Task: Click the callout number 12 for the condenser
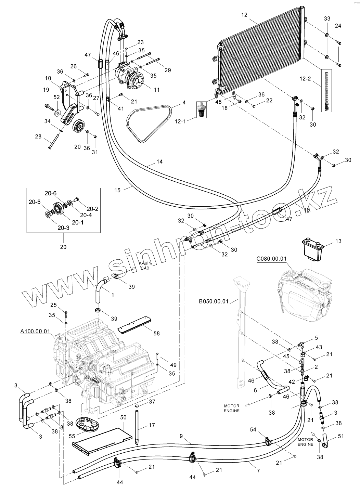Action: point(244,15)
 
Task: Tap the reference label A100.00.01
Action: point(36,332)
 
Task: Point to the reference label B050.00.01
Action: point(213,302)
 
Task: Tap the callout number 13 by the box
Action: point(338,242)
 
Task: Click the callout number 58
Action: point(156,333)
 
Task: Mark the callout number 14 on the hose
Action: point(159,161)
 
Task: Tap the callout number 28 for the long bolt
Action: point(38,137)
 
